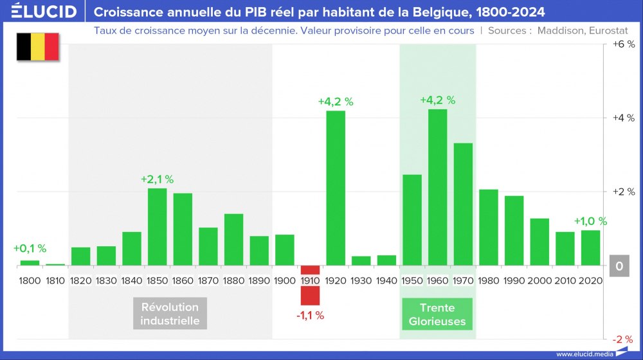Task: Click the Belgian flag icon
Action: [38, 48]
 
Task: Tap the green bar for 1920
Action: [336, 188]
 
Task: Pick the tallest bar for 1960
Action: [437, 187]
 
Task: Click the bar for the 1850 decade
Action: [158, 226]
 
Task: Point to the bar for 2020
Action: [590, 248]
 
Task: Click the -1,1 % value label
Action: [310, 316]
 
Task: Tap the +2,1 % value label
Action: [158, 179]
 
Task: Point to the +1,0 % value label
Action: [590, 221]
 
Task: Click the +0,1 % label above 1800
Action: [30, 249]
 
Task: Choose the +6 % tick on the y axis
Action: [623, 44]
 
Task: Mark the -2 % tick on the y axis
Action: [623, 339]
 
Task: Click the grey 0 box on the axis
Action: [619, 265]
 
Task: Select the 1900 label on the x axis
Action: [285, 281]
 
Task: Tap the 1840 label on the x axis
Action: [132, 281]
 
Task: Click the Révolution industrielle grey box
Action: [170, 313]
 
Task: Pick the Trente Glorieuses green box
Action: [437, 314]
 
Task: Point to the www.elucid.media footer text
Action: [584, 354]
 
